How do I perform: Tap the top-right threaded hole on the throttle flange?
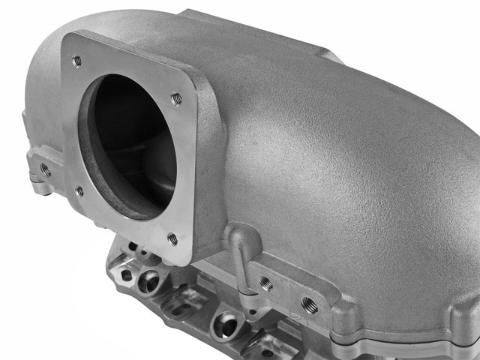pyautogui.click(x=176, y=98)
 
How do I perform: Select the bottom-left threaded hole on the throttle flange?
pyautogui.click(x=79, y=191)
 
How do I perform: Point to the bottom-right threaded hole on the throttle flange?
pyautogui.click(x=172, y=239)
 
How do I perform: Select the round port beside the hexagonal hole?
pyautogui.click(x=148, y=282)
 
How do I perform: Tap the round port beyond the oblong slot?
pyautogui.click(x=225, y=325)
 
